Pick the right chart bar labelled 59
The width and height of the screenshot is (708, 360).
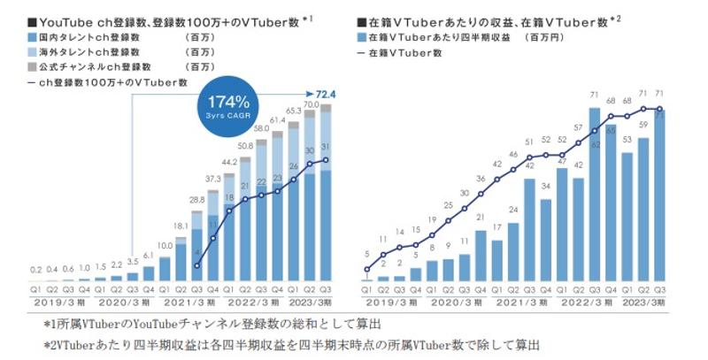(x=643, y=212)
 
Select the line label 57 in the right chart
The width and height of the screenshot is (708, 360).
(x=579, y=128)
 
